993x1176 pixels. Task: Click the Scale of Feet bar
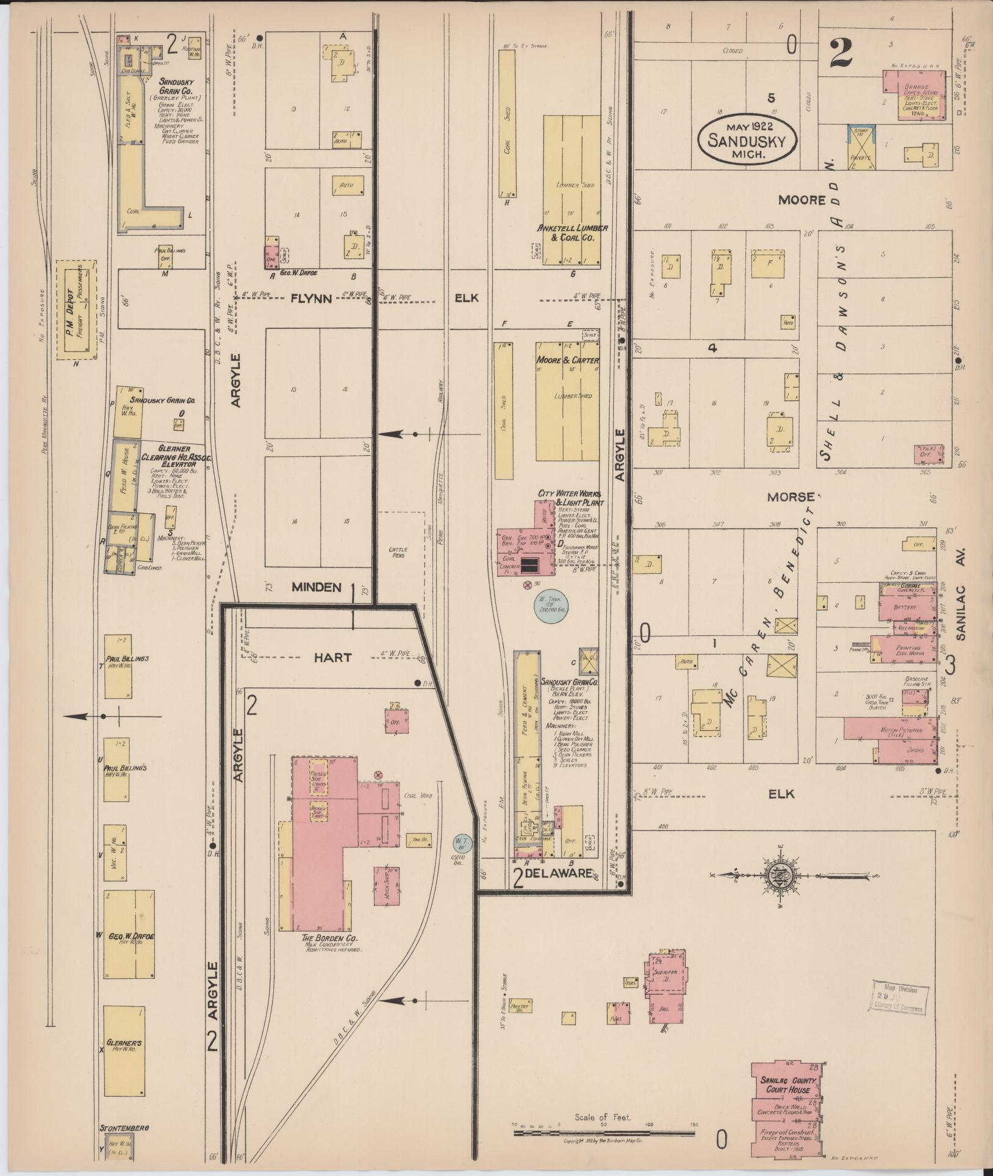[x=604, y=1133]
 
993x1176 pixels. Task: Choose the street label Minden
[x=316, y=587]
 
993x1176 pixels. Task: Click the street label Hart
[x=332, y=657]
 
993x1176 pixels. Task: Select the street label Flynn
[x=310, y=298]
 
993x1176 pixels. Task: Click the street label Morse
[x=790, y=497]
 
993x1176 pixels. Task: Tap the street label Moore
[x=801, y=200]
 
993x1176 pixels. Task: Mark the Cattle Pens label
[x=398, y=553]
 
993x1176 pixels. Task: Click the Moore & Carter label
[x=567, y=361]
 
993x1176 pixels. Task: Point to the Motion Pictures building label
[x=900, y=730]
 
